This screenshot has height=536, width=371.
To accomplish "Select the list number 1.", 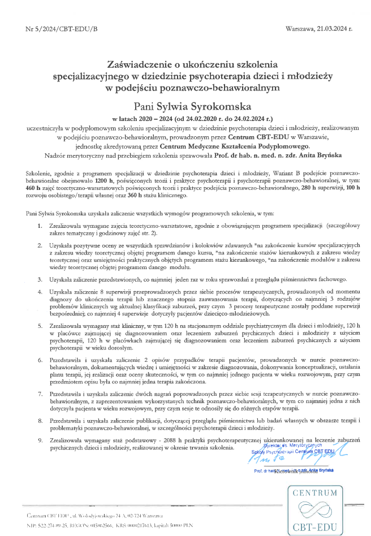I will pyautogui.click(x=40, y=226).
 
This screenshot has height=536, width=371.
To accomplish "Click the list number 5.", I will pyautogui.click(x=40, y=327).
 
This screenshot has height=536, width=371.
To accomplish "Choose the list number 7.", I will pyautogui.click(x=40, y=392).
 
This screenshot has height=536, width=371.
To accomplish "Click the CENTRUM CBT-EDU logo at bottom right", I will pyautogui.click(x=317, y=510).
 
